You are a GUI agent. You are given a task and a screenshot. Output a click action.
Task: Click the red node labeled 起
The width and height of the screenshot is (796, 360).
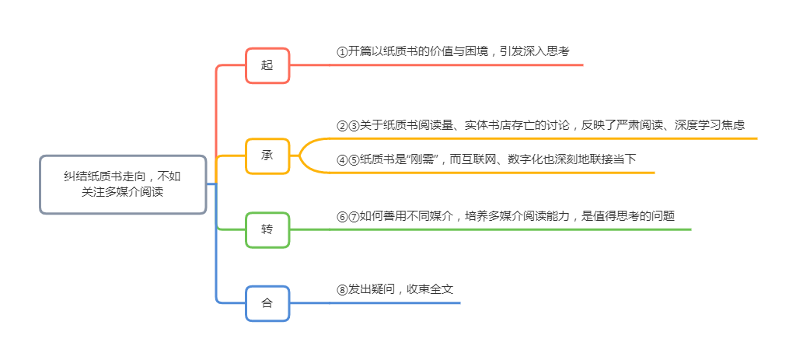[267, 65]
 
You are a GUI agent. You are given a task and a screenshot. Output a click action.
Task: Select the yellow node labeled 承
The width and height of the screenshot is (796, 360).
[267, 156]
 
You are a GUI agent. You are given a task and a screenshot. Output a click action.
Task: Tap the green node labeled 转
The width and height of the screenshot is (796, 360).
[267, 229]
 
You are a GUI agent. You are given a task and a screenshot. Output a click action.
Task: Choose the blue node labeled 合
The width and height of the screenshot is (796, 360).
[267, 302]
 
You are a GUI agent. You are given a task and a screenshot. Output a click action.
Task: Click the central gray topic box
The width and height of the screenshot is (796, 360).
[123, 184]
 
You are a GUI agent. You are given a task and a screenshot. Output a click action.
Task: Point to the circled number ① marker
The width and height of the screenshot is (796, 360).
[342, 52]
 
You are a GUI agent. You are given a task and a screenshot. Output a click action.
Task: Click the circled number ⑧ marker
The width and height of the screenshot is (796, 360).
[342, 289]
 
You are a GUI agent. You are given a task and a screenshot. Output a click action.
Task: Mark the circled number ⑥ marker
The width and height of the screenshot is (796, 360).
[342, 217]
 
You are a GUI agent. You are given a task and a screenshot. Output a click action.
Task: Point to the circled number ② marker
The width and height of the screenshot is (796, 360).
[342, 125]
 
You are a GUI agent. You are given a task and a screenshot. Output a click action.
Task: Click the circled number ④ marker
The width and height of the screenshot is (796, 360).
[342, 160]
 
